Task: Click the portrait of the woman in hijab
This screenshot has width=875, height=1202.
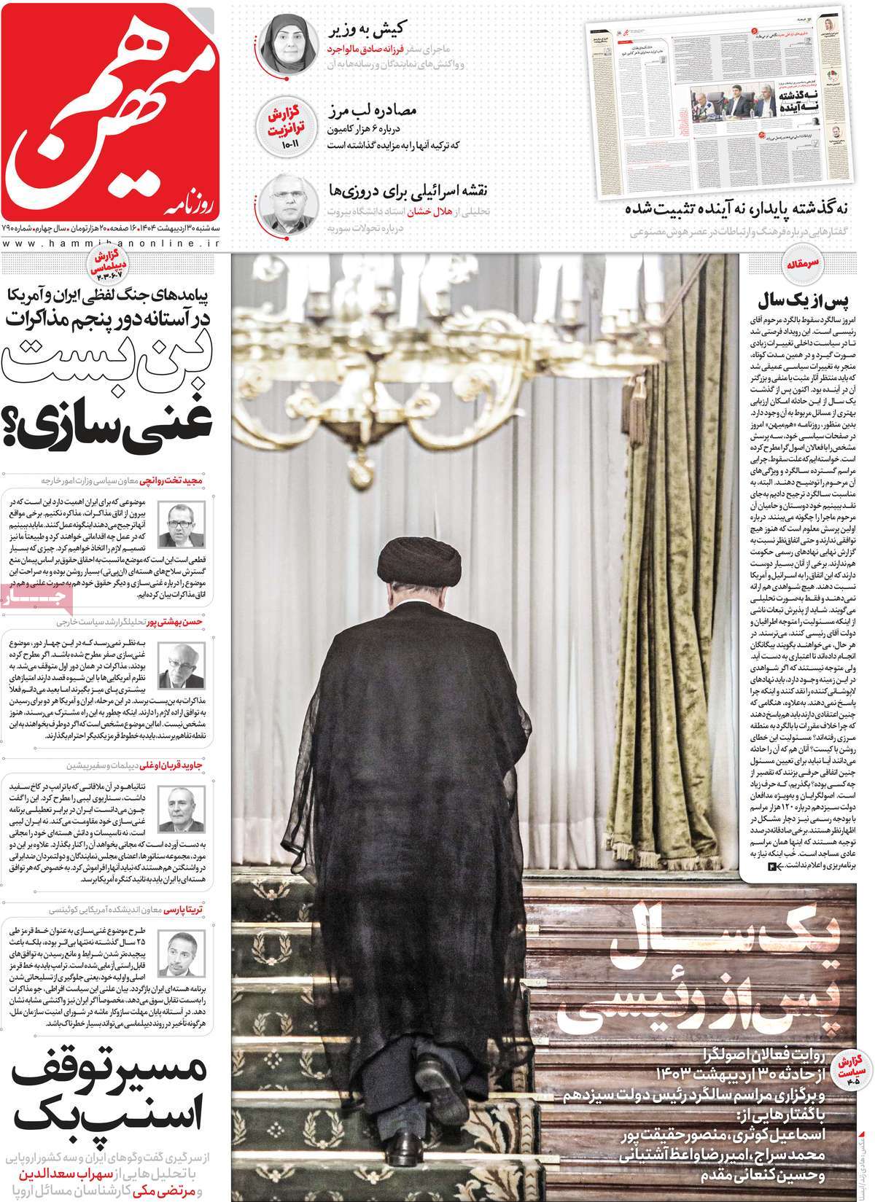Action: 284,41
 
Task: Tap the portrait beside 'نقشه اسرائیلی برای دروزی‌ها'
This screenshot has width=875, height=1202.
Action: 284,201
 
